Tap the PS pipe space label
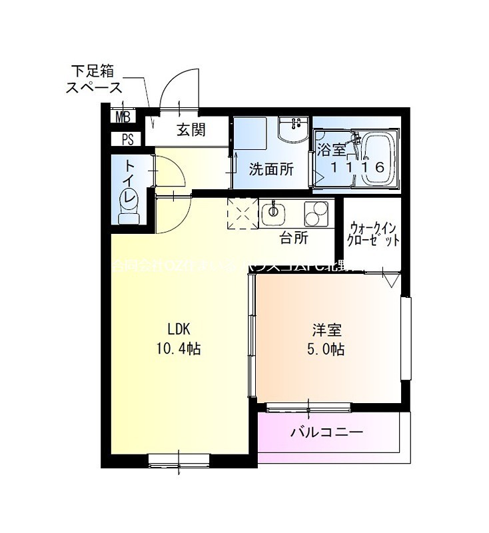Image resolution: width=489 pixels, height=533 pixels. [127, 139]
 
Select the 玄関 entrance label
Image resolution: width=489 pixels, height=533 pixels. [191, 129]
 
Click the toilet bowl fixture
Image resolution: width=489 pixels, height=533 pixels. [127, 203]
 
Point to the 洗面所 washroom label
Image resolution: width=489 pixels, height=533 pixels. [271, 169]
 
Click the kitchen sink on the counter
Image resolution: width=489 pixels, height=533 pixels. [273, 213]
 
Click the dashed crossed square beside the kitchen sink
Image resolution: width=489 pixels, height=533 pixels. [243, 213]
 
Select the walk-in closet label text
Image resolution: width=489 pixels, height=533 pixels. [374, 234]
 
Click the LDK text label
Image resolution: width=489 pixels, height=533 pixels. [179, 328]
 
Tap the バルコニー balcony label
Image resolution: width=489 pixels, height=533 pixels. [326, 432]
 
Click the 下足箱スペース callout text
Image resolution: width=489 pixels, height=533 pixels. [94, 79]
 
